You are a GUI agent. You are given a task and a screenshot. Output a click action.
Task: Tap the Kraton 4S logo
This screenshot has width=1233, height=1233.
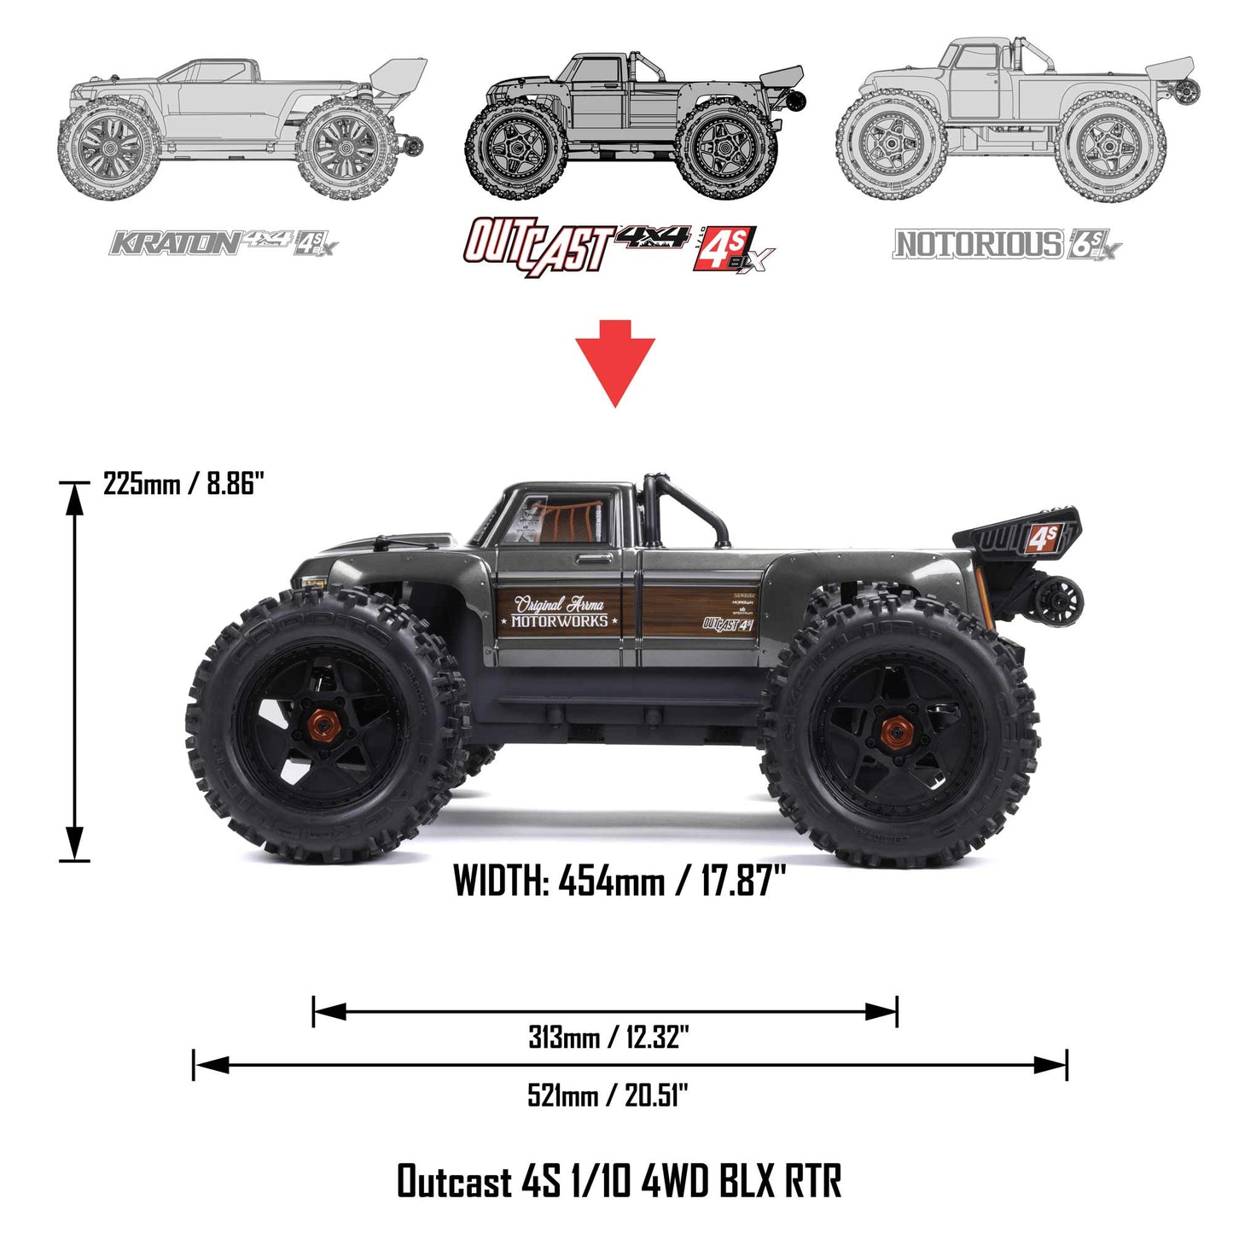click(224, 243)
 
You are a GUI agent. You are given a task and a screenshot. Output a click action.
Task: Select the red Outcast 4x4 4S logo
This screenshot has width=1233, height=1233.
click(619, 247)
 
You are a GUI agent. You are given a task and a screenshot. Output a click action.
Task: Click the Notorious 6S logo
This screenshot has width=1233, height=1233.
click(1007, 245)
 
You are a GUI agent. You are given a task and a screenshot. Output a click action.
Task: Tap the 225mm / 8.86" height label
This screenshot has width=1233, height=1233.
click(183, 484)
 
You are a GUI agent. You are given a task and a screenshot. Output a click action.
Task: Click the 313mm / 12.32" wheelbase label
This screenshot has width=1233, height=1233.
click(608, 1038)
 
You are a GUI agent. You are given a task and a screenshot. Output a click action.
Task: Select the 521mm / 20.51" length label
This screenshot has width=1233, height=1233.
click(608, 1095)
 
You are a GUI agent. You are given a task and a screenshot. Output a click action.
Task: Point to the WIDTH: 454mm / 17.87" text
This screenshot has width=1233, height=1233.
click(619, 881)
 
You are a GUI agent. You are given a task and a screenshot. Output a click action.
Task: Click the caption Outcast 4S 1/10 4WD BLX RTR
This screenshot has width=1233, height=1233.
click(619, 1182)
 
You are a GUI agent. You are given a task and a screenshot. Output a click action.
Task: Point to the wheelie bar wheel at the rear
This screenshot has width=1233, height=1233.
click(1063, 600)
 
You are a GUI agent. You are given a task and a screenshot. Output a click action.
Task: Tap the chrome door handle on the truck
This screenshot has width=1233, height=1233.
click(590, 559)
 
